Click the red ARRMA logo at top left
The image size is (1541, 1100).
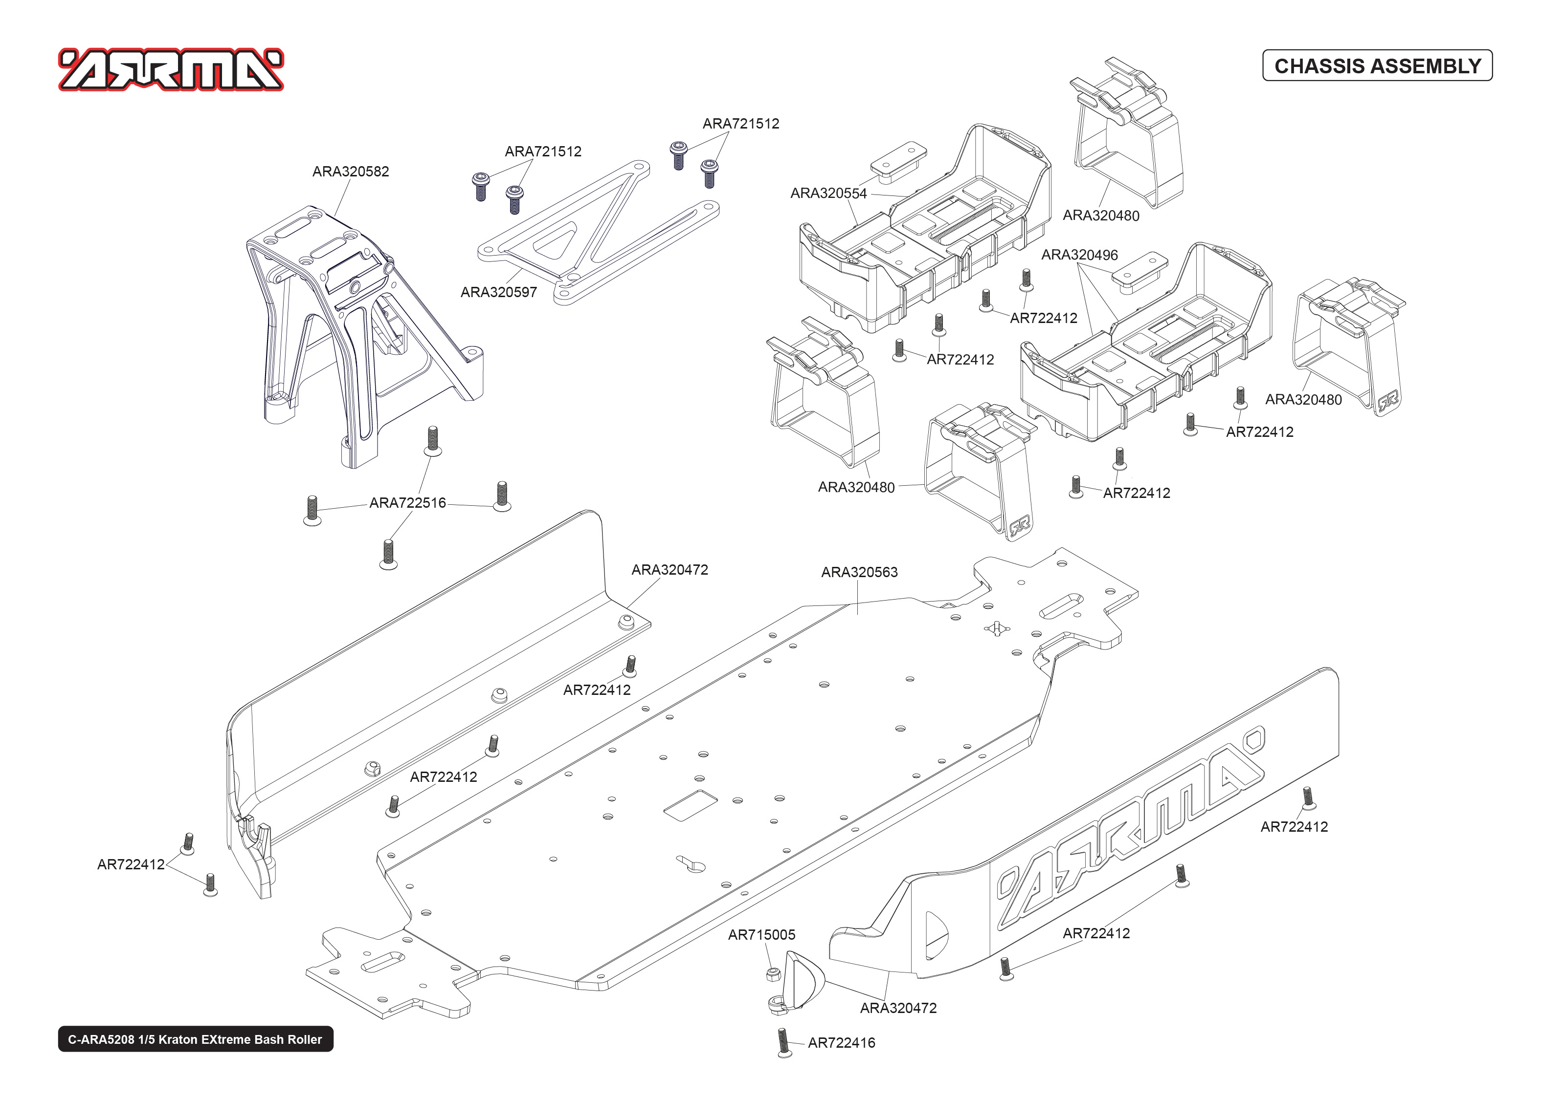[x=171, y=69]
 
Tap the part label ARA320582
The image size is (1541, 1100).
[x=350, y=172]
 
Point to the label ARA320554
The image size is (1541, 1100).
[x=828, y=193]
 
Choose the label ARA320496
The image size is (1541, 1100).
[x=1079, y=255]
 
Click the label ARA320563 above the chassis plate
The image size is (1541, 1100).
[x=859, y=572]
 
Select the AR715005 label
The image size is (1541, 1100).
[x=761, y=935]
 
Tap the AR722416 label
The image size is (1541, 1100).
[x=841, y=1042]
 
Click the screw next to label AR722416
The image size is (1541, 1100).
[x=784, y=1042]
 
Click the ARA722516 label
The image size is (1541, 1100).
[x=407, y=502]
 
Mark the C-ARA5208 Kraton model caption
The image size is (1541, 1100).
[x=195, y=1039]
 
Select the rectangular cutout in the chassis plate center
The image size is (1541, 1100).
[x=690, y=805]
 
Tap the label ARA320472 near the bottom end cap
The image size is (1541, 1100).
[x=898, y=1008]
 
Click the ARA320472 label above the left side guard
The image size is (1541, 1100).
[x=670, y=570]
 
